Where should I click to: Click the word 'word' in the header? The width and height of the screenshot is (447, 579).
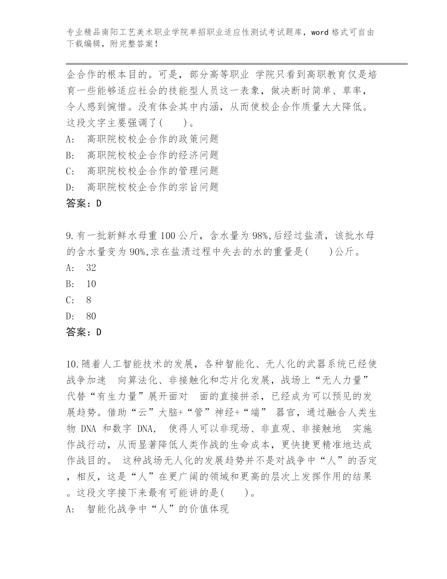point(320,33)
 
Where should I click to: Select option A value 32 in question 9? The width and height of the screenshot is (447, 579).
point(91,268)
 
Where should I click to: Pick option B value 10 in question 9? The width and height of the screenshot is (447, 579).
point(91,284)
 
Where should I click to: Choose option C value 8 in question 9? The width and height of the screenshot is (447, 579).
point(89,300)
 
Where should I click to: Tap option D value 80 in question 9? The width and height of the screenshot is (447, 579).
point(91,316)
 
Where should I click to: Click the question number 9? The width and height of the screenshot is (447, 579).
point(69,235)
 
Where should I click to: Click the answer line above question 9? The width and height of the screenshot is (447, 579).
point(83,203)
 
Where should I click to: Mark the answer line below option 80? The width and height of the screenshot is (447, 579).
point(83,332)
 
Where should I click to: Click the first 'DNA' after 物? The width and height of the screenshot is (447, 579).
point(88,429)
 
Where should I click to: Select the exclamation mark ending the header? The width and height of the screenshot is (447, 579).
point(156,45)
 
